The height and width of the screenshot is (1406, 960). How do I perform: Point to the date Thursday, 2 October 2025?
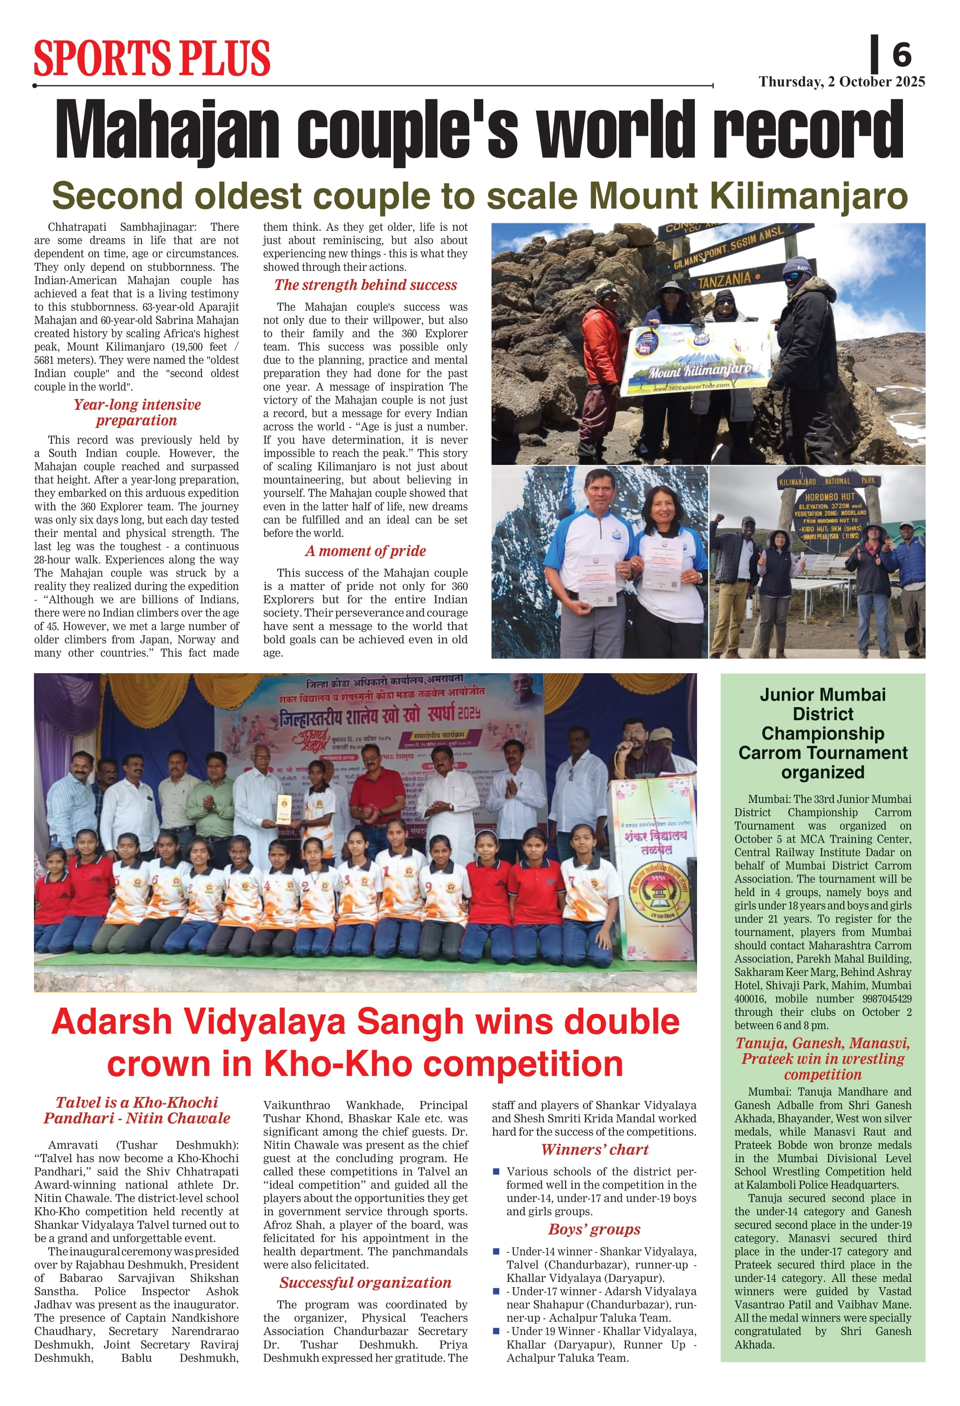(x=842, y=82)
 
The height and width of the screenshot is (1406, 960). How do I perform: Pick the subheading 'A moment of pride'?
(x=365, y=550)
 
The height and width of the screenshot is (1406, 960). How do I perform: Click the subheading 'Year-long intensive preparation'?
(x=137, y=413)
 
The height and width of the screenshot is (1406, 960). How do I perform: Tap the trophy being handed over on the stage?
(x=284, y=809)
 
